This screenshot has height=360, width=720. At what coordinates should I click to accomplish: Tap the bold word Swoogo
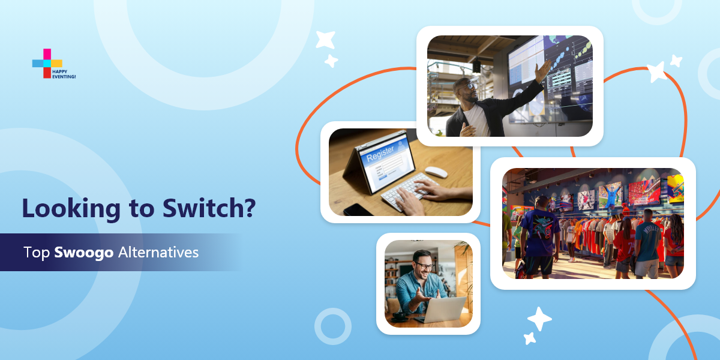click(x=84, y=253)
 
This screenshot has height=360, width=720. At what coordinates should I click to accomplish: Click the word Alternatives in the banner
click(x=158, y=253)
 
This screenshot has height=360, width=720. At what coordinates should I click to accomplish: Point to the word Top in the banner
click(x=37, y=253)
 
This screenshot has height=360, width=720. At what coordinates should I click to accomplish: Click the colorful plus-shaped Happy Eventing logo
click(x=47, y=63)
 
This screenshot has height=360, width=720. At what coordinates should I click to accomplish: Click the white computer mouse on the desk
click(x=436, y=172)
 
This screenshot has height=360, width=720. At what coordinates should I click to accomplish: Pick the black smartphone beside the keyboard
click(x=358, y=209)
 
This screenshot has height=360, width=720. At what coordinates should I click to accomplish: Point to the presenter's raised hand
click(x=544, y=70)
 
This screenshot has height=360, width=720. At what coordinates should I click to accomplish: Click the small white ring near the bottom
click(x=333, y=326)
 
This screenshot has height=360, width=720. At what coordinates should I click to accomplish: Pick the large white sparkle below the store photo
click(x=539, y=319)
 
